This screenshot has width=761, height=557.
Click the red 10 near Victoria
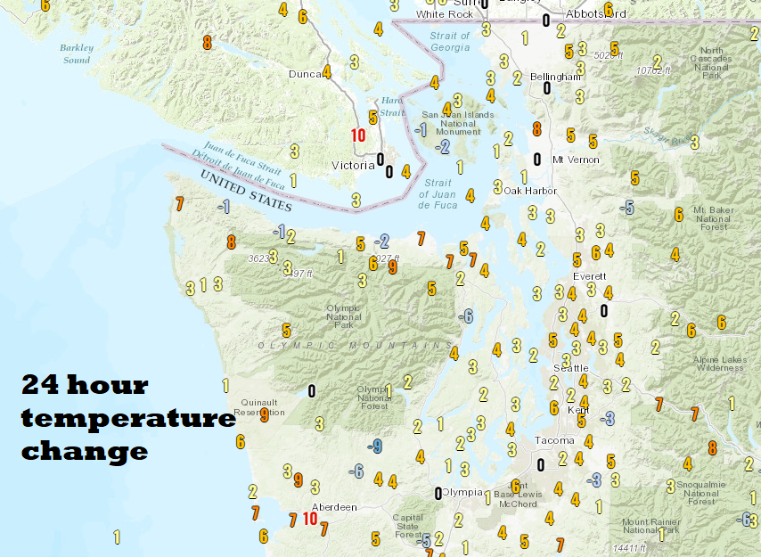[358, 135]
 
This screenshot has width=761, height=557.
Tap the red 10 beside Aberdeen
[310, 518]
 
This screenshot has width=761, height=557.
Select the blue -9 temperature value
[375, 446]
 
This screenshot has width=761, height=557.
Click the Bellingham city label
[555, 77]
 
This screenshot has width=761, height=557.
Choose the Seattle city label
[570, 367]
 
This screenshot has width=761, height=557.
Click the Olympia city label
[462, 492]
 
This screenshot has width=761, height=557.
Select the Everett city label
[589, 275]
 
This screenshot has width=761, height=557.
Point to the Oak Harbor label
[530, 191]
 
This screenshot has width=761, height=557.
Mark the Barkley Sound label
[77, 53]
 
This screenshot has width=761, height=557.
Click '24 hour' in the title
[85, 385]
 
